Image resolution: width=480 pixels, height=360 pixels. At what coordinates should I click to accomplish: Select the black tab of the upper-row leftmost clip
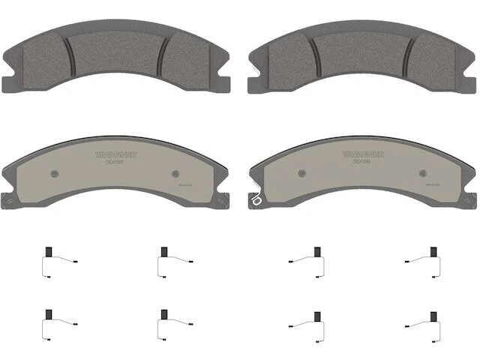[48, 252]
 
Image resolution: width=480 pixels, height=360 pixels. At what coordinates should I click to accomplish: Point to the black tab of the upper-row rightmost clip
[433, 252]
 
